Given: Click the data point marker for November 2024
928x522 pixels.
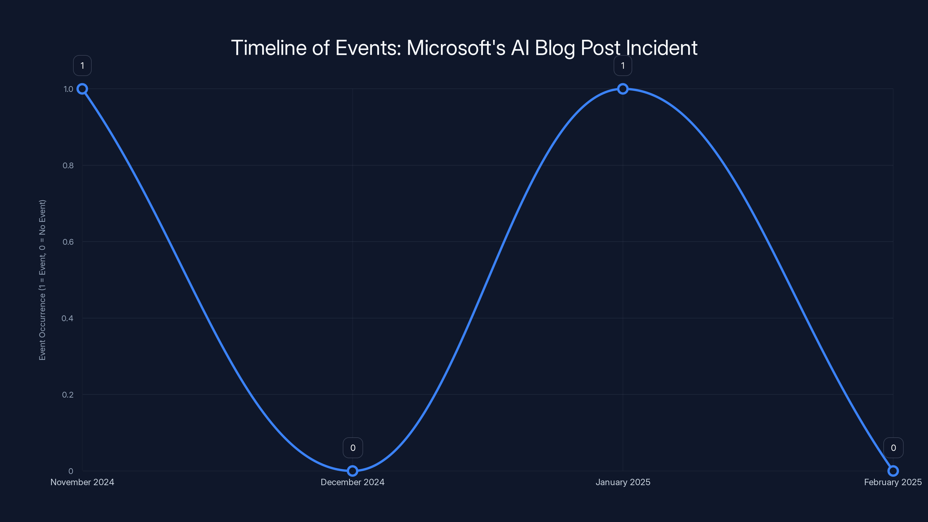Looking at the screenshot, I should tap(82, 89).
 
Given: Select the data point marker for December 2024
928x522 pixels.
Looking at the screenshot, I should tap(353, 471).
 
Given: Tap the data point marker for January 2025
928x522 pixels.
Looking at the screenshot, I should tap(623, 89).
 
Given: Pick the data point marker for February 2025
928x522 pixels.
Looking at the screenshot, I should tap(893, 471).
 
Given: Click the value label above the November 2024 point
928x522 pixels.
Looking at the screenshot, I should tap(82, 66).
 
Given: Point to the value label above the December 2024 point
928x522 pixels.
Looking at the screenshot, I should tap(353, 448).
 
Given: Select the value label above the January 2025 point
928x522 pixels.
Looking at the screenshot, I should tap(623, 66).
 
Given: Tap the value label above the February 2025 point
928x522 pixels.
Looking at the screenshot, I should tap(893, 448).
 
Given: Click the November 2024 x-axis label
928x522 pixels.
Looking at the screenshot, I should tap(82, 482).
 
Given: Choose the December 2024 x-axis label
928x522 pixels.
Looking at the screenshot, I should tap(353, 482).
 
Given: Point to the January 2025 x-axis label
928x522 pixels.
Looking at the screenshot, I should tap(623, 482).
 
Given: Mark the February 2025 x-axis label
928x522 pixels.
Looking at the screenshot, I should tap(893, 482).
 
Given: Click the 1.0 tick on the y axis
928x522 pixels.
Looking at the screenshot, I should tap(68, 89).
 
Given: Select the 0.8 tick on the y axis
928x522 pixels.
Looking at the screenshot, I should tap(68, 165).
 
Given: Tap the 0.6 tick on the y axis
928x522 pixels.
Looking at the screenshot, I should tap(68, 242).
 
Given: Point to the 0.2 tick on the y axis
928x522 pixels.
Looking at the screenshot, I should tap(68, 394).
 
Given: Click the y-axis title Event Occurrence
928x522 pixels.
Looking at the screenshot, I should tap(43, 280).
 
